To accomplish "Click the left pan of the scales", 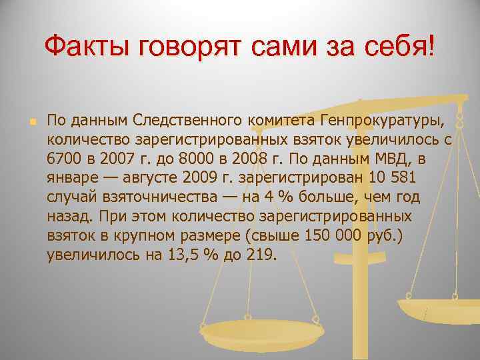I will click(261, 329).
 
